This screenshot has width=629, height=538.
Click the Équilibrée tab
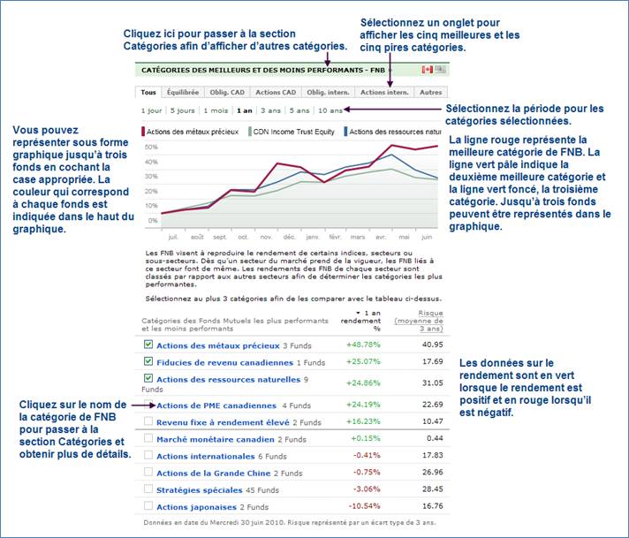tap(183, 92)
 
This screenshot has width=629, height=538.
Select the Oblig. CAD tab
tap(227, 92)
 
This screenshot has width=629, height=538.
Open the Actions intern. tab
tap(384, 92)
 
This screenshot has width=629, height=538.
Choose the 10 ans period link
tap(330, 110)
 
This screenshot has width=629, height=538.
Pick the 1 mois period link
tap(216, 110)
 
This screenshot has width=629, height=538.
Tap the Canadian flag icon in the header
tap(428, 70)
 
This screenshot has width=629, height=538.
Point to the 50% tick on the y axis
tap(151, 148)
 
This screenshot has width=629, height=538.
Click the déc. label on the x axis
tap(289, 237)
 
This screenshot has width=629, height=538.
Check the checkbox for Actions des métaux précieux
tap(148, 345)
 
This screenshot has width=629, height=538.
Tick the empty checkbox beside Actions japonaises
tap(148, 505)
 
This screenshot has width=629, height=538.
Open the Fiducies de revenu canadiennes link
tap(224, 363)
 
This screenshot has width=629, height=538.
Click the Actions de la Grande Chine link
tap(214, 474)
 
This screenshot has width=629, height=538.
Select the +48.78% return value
tap(363, 345)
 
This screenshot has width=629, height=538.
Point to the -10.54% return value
tap(364, 506)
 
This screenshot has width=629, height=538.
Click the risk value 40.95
tap(433, 345)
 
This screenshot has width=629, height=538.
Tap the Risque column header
tap(419, 321)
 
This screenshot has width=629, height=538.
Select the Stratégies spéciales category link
tap(200, 490)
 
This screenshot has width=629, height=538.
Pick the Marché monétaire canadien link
tap(216, 440)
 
